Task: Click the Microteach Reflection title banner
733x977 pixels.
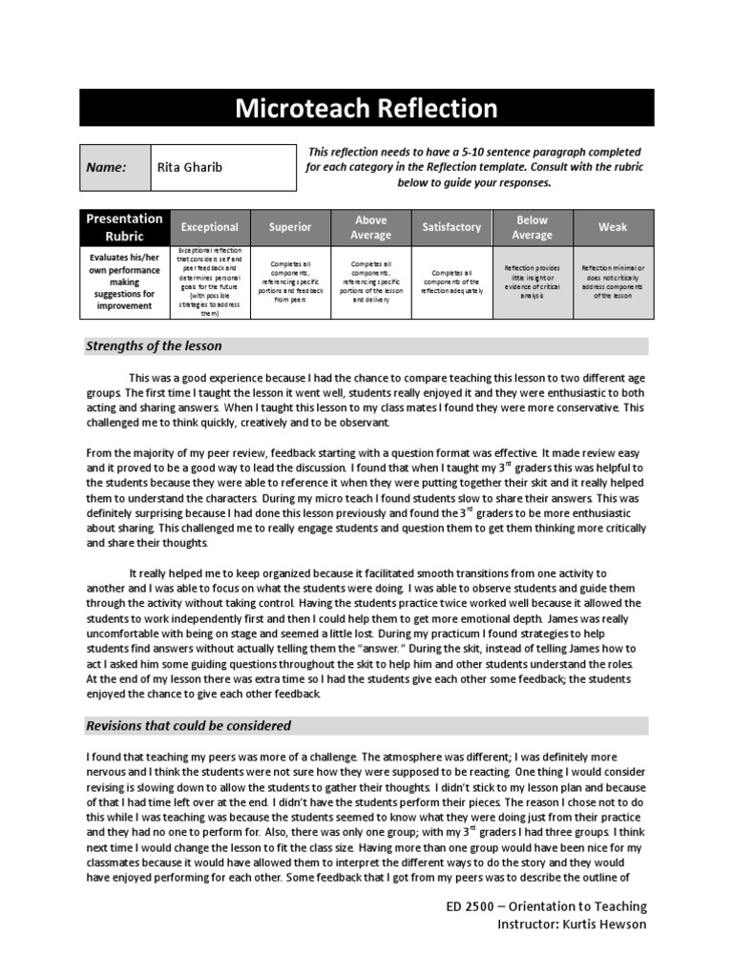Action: pyautogui.click(x=366, y=109)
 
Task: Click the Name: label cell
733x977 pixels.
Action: pyautogui.click(x=115, y=167)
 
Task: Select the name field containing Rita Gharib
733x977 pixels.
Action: pyautogui.click(x=223, y=167)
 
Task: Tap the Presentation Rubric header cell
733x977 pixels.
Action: pyautogui.click(x=124, y=227)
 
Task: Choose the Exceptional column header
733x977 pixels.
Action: pyautogui.click(x=210, y=227)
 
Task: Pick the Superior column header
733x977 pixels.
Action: pyautogui.click(x=290, y=227)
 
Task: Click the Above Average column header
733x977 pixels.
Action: pyautogui.click(x=371, y=227)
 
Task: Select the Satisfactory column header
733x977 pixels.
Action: pyautogui.click(x=451, y=227)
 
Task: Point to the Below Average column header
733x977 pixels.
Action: pyautogui.click(x=533, y=227)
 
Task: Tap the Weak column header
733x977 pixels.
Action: pyautogui.click(x=613, y=227)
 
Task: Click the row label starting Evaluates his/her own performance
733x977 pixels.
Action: pyautogui.click(x=124, y=281)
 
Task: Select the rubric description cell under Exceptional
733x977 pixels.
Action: pyautogui.click(x=210, y=281)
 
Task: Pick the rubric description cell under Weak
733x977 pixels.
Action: pyautogui.click(x=613, y=281)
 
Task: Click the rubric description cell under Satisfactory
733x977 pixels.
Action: pyautogui.click(x=451, y=281)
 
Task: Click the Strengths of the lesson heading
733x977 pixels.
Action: pyautogui.click(x=154, y=346)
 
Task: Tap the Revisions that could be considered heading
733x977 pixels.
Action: pyautogui.click(x=189, y=726)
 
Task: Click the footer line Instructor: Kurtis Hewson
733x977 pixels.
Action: pyautogui.click(x=572, y=925)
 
